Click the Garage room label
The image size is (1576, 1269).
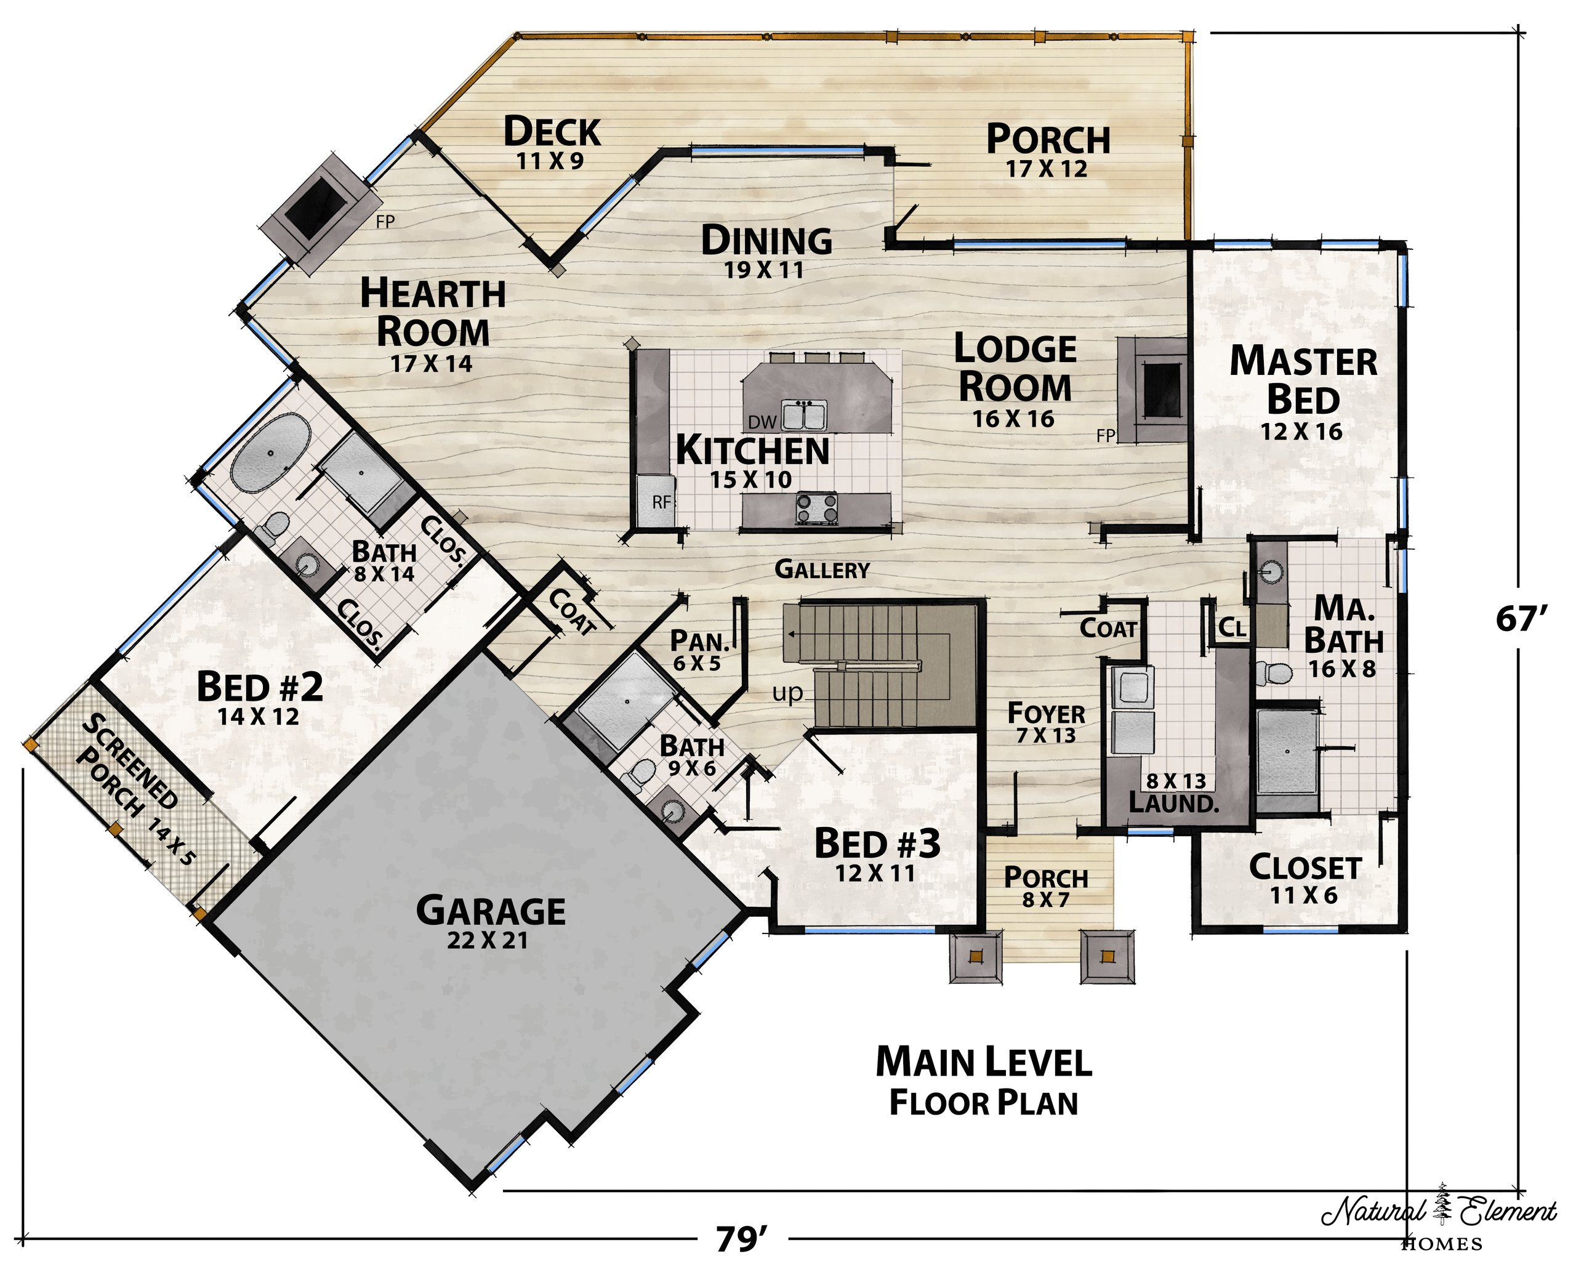(491, 921)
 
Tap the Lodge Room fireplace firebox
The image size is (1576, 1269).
(1162, 390)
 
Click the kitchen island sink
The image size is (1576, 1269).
(803, 417)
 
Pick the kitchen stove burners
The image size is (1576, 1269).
(817, 509)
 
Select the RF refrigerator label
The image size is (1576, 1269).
(661, 502)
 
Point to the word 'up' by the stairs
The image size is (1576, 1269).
(787, 693)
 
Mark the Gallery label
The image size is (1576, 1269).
(822, 570)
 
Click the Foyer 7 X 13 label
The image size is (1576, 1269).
(1046, 722)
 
